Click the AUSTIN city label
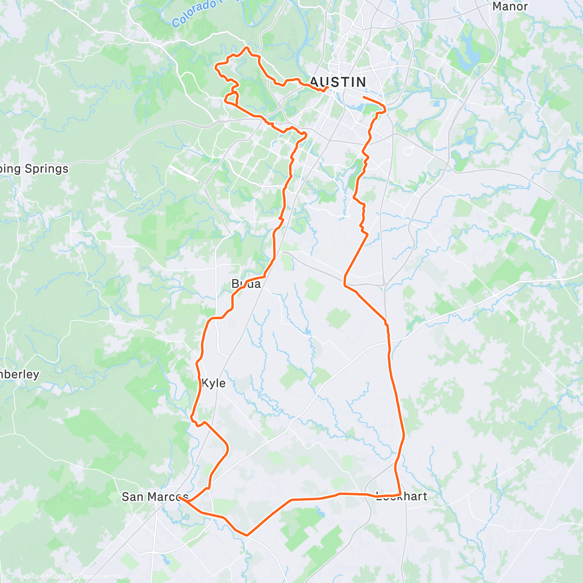point(338,82)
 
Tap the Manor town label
point(510,7)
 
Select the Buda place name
point(246,284)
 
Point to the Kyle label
point(213,383)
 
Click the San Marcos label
point(154,497)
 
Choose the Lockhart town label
point(401,497)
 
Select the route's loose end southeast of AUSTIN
point(364,98)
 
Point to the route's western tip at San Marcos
point(179,497)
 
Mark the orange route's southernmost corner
point(247,535)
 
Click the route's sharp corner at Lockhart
point(399,494)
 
